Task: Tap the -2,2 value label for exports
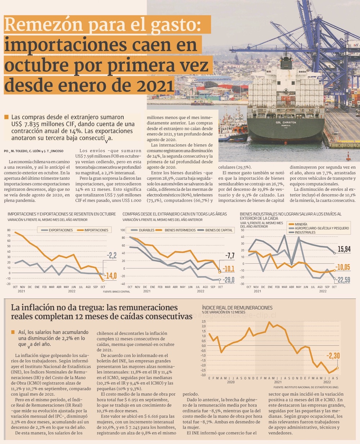(112, 256)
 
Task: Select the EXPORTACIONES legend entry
(60, 230)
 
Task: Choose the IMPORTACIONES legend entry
(96, 230)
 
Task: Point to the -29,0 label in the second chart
(229, 280)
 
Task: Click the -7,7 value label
(229, 256)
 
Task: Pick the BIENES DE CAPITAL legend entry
(219, 230)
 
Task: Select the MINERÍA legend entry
(301, 224)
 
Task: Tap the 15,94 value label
(344, 249)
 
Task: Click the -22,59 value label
(343, 280)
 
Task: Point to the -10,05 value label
(343, 267)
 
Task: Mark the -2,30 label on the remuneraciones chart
(333, 356)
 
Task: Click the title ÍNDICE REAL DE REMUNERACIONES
(237, 308)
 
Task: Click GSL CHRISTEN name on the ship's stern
(286, 122)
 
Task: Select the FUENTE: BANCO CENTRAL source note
(116, 291)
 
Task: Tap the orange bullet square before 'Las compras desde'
(6, 117)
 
